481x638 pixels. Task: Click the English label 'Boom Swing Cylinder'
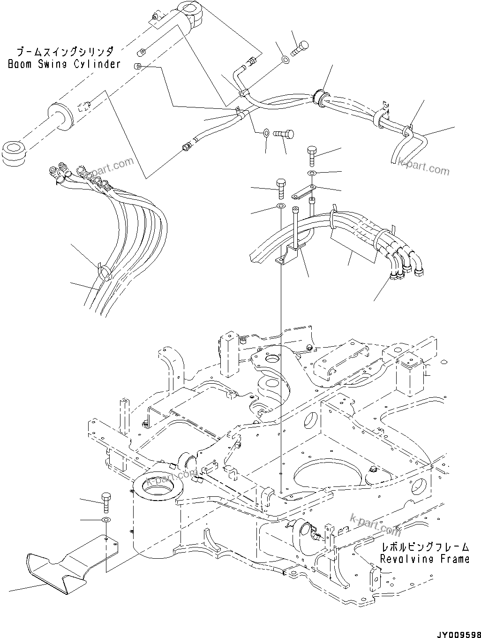pos(64,64)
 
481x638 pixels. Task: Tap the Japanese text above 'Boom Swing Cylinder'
pos(64,51)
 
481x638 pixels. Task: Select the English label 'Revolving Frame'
pos(424,559)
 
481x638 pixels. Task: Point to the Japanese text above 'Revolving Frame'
pos(425,547)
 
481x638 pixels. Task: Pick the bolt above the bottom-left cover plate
pos(106,503)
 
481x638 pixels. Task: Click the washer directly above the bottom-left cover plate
pos(106,520)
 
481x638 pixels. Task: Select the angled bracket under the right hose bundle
pos(288,256)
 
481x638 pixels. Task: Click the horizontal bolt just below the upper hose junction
pos(284,134)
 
